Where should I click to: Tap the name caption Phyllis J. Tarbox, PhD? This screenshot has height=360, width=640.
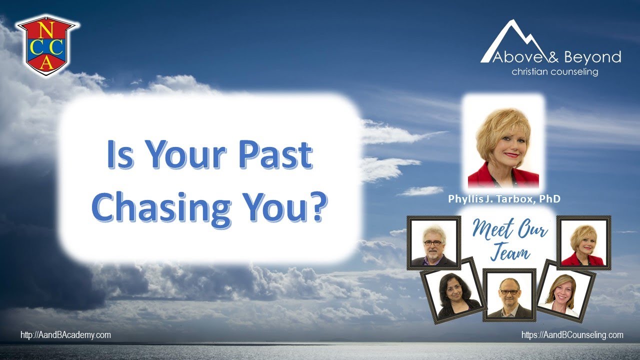tap(504, 199)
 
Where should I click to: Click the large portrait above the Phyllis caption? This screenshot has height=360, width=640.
tap(503, 143)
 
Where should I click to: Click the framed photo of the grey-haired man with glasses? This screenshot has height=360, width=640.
tap(433, 243)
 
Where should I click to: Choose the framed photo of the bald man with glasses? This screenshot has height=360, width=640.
tap(509, 295)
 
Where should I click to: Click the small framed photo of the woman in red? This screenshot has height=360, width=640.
tap(584, 243)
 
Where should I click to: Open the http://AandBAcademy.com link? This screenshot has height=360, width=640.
tap(65, 335)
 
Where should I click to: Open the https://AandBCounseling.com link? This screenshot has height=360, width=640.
tap(572, 335)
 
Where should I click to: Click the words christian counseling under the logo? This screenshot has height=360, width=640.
tap(555, 72)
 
